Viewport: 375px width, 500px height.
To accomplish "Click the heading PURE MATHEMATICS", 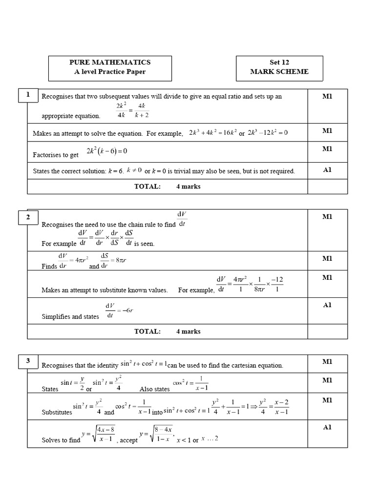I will [x=110, y=62].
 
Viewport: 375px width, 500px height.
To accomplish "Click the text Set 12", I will [x=279, y=62].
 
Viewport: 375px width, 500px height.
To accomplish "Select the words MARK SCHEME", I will [x=279, y=72].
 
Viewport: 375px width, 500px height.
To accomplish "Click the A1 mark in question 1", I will [x=327, y=170].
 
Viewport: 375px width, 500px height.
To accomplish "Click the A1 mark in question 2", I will [x=327, y=305].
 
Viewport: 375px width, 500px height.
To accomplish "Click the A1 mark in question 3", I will [x=327, y=427].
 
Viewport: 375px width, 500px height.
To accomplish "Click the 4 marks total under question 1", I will [x=188, y=187].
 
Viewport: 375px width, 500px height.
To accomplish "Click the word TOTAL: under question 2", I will [x=147, y=332].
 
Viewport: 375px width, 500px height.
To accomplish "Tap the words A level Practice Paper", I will [x=110, y=72].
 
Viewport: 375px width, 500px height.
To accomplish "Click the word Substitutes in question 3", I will [x=57, y=412].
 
